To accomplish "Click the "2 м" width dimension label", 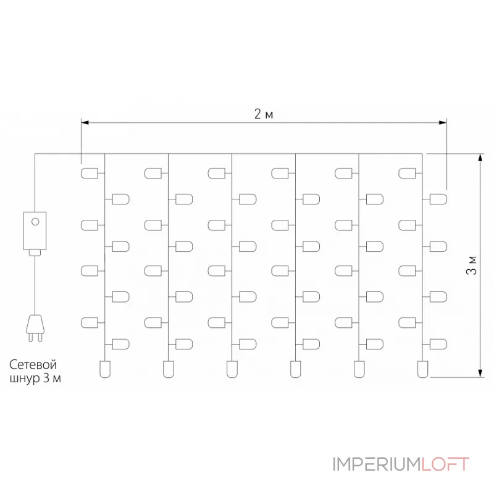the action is [x=264, y=114].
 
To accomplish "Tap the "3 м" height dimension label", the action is [x=472, y=266].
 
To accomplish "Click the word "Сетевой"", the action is [x=33, y=364].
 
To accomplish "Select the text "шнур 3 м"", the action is [x=35, y=378].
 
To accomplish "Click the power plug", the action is [x=35, y=328].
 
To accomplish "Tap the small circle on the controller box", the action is [x=35, y=222].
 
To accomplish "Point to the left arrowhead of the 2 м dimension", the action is [x=85, y=122].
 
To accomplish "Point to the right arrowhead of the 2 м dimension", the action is [x=443, y=122].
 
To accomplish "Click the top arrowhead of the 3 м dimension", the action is [x=480, y=157].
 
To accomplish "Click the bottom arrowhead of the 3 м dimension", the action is [x=480, y=373].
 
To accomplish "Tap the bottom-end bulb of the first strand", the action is [x=105, y=369].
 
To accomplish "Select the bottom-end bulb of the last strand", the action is [x=422, y=369].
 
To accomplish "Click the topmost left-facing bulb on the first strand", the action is [x=90, y=174].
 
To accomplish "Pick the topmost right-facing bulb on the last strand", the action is [x=438, y=199].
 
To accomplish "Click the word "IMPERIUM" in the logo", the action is [x=376, y=464].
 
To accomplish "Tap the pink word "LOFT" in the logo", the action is [x=445, y=464].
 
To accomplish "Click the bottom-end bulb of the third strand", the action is [x=232, y=369].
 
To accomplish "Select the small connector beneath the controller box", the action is [x=35, y=253].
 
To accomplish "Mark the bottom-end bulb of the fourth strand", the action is [x=296, y=369].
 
